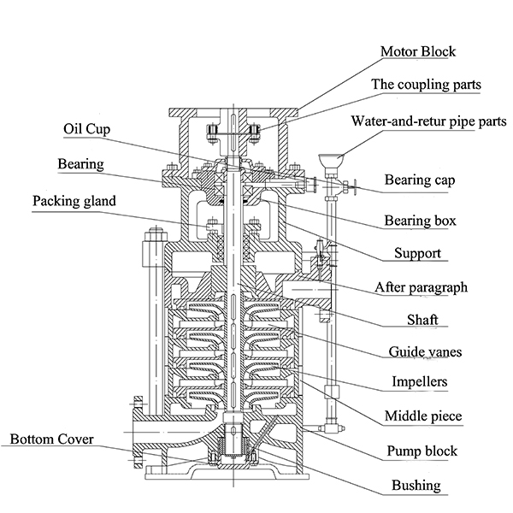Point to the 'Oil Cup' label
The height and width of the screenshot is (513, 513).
click(87, 129)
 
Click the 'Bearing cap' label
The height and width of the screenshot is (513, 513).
click(419, 180)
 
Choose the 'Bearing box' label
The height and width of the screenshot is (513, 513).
click(420, 221)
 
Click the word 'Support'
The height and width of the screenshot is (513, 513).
click(417, 254)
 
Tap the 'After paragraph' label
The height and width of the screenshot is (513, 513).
click(422, 287)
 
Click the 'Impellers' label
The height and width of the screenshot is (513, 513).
click(419, 382)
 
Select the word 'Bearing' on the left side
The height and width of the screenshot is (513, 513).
click(80, 162)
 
